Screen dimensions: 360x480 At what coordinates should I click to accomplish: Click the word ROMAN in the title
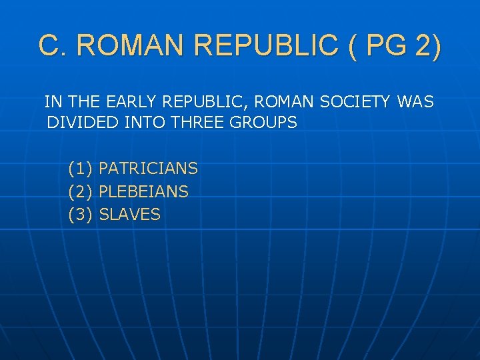tap(137, 46)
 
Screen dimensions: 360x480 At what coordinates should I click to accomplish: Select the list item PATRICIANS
tap(148, 169)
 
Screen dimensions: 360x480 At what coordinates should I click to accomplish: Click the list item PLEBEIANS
tap(143, 192)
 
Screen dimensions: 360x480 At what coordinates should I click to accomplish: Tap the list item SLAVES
tap(129, 215)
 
